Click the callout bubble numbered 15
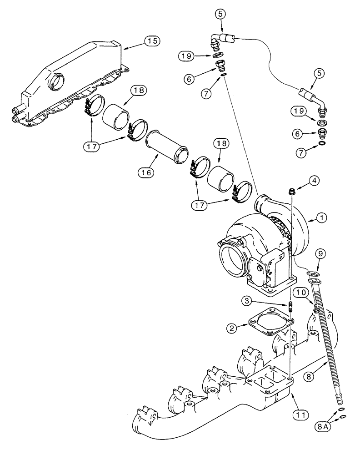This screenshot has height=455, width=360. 152,41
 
